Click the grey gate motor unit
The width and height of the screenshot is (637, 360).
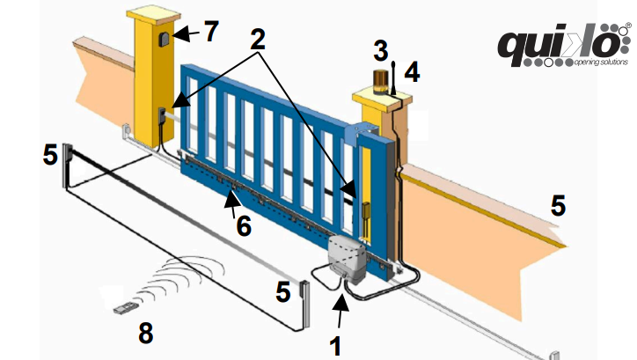348,259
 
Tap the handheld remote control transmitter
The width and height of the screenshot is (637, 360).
125,308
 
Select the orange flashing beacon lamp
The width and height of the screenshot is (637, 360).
382,82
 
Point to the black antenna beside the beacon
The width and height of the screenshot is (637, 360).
394,78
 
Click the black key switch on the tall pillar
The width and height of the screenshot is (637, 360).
165,40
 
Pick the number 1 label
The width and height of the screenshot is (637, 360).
335,347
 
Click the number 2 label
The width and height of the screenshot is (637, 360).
258,39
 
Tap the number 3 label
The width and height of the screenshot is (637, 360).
381,51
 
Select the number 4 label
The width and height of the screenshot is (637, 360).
412,73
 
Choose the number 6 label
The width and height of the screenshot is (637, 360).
244,225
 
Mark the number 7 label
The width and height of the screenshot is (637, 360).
211,31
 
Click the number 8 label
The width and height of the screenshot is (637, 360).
146,333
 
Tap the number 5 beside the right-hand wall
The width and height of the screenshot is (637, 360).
558,205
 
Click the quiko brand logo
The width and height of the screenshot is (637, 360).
564,45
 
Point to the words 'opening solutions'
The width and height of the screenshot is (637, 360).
601,62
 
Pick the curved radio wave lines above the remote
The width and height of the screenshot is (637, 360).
180,280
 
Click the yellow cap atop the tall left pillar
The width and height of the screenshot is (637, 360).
154,15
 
